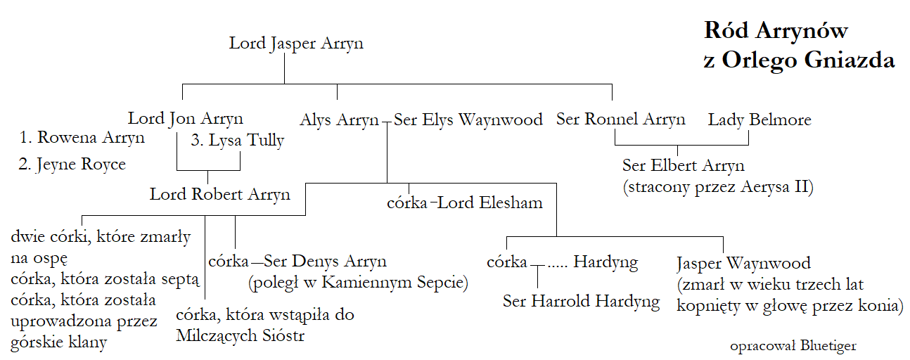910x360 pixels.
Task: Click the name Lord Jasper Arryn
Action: coord(296,44)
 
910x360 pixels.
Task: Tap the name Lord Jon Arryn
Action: coord(186,118)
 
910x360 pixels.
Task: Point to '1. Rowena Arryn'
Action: coord(84,137)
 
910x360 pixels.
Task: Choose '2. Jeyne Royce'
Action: coord(72,165)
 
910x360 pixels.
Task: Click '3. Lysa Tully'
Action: coord(238,140)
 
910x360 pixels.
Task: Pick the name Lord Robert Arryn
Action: coord(220,194)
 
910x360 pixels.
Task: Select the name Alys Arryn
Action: coord(339,120)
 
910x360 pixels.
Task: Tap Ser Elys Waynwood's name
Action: coord(468,120)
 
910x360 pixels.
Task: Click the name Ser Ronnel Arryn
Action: coord(620,119)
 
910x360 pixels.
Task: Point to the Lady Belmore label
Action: coord(760,120)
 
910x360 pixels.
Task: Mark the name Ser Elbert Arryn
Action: coord(683,166)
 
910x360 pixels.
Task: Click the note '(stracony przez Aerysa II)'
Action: coord(717,188)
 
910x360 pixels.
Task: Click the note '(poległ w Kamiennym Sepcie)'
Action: coord(358,283)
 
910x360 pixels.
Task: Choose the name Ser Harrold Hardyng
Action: coord(582,302)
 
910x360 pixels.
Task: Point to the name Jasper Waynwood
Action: coord(743,264)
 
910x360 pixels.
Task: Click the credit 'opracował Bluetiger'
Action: coord(793,346)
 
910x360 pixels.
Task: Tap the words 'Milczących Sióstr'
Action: coord(241,336)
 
